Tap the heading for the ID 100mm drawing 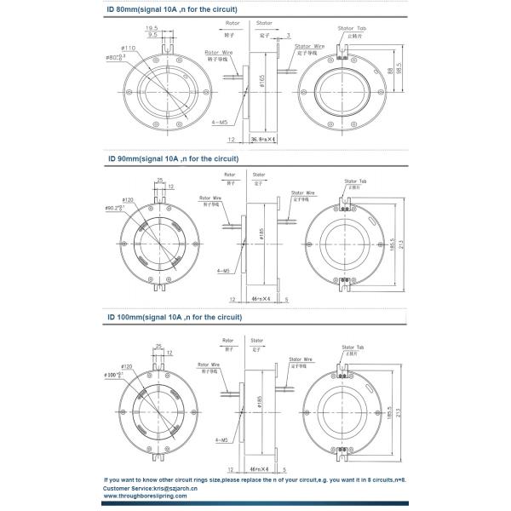pos(174,317)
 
